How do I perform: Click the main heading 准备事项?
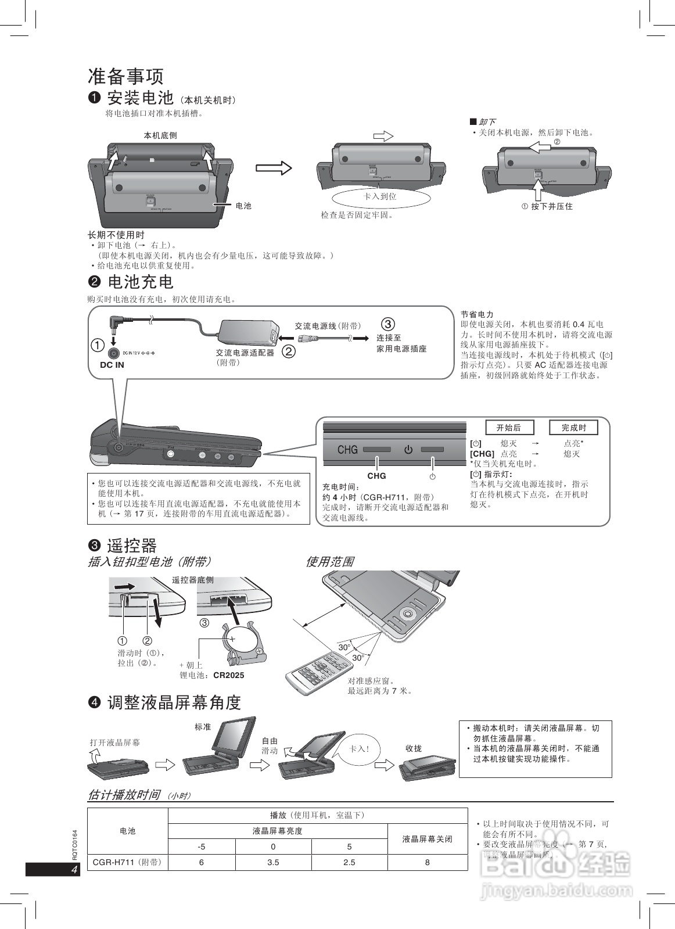pos(125,76)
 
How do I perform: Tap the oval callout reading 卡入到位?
pos(380,196)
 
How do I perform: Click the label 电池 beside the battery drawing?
pos(243,206)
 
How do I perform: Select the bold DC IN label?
pos(112,365)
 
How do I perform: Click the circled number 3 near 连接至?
pos(388,324)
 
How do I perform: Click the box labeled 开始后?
pos(509,428)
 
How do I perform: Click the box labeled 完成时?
pos(573,428)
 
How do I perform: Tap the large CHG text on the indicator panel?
pos(347,450)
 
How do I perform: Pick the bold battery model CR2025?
pos(229,675)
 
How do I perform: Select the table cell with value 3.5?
pos(273,862)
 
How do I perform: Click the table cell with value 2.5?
pos(349,862)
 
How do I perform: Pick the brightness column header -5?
pos(201,846)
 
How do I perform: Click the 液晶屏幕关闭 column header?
pos(427,839)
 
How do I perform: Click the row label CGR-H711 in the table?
pos(127,862)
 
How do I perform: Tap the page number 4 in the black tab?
pos(74,870)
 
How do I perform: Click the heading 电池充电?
pos(141,282)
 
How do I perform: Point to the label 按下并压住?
pos(551,206)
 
